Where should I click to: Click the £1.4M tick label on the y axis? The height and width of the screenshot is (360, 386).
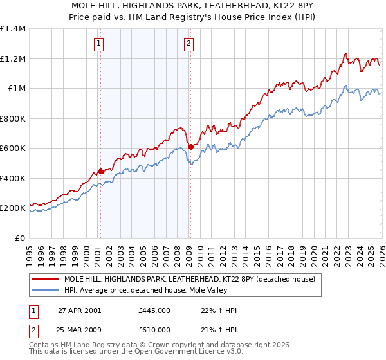tap(13, 29)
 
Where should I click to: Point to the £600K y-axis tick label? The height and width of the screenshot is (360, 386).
tap(13, 148)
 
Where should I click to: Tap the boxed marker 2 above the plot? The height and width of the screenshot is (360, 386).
tap(189, 44)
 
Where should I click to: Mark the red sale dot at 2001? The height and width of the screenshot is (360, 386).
tap(101, 172)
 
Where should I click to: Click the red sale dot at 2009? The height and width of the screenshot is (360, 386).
tap(190, 147)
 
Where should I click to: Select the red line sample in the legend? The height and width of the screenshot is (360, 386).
tap(45, 280)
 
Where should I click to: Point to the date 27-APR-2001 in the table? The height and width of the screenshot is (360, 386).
tap(79, 310)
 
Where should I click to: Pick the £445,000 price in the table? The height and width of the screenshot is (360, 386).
tap(154, 310)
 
